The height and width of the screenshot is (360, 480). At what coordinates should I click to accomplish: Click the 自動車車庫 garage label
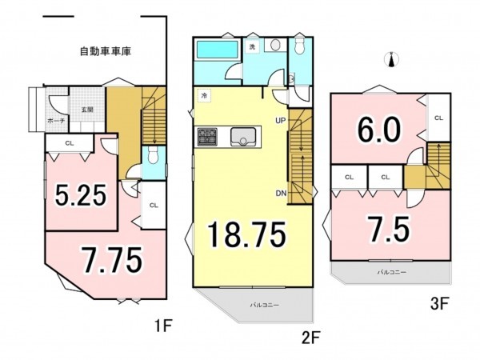pyautogui.click(x=106, y=52)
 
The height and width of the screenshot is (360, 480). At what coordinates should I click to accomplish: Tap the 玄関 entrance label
pyautogui.click(x=88, y=110)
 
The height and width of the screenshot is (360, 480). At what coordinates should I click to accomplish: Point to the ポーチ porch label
pyautogui.click(x=56, y=120)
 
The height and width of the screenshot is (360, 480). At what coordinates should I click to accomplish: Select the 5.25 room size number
pyautogui.click(x=80, y=194)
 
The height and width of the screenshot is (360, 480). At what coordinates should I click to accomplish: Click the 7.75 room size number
pyautogui.click(x=112, y=259)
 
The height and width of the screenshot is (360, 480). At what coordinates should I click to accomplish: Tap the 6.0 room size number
pyautogui.click(x=376, y=130)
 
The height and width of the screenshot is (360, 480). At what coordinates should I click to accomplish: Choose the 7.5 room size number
pyautogui.click(x=390, y=229)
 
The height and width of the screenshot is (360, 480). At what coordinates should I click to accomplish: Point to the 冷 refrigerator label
pyautogui.click(x=205, y=95)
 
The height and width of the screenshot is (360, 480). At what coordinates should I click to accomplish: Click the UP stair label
pyautogui.click(x=280, y=121)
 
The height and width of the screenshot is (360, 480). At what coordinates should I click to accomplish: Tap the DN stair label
pyautogui.click(x=280, y=193)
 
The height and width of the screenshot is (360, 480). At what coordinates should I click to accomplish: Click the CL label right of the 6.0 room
pyautogui.click(x=438, y=118)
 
